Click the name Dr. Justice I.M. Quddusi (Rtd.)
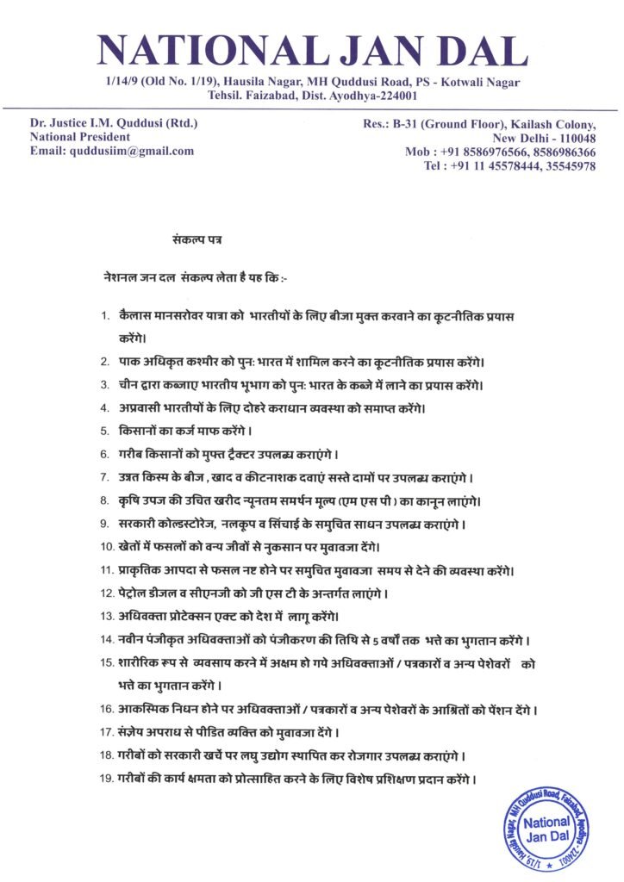[114, 123]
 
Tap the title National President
[80, 137]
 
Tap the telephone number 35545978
[568, 165]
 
